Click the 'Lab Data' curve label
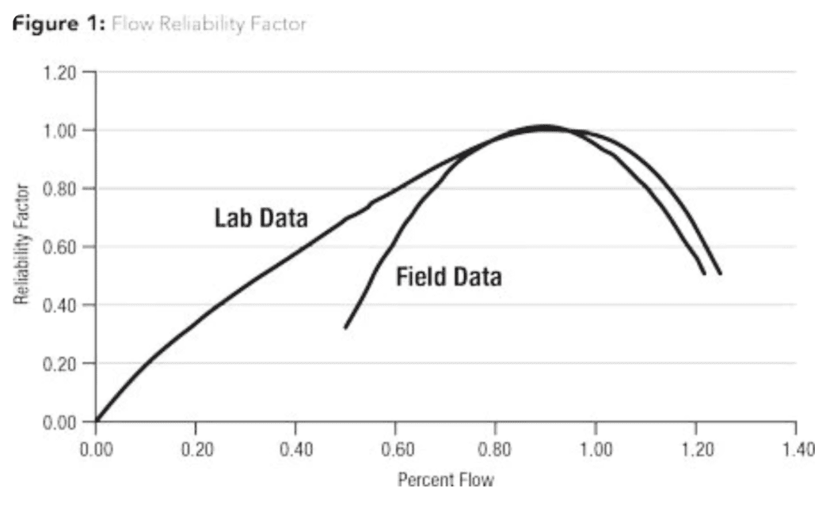(x=261, y=218)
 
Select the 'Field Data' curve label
(x=448, y=277)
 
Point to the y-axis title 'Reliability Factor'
(x=21, y=245)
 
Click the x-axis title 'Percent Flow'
(x=446, y=479)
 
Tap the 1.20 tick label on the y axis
(x=59, y=73)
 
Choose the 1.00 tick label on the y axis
(x=59, y=131)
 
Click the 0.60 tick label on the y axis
(x=59, y=247)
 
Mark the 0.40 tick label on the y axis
(x=59, y=305)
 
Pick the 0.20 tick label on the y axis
(x=59, y=364)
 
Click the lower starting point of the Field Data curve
(x=345, y=327)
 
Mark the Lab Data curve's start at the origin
(x=97, y=420)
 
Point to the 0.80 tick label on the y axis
(x=59, y=189)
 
